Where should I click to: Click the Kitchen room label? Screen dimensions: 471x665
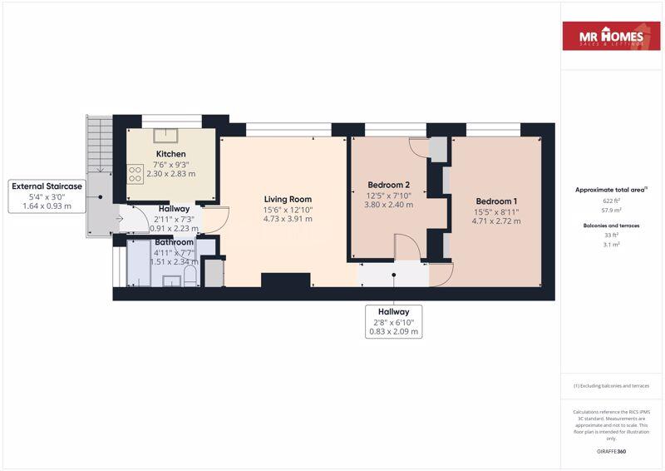(170, 154)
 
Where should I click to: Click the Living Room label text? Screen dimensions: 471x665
(288, 199)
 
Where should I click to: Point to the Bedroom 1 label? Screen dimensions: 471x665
(496, 201)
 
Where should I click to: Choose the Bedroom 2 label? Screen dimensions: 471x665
(388, 185)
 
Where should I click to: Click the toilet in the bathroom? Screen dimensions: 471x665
(190, 275)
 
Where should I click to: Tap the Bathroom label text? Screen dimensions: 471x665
(174, 242)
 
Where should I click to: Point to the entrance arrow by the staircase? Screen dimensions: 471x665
(120, 219)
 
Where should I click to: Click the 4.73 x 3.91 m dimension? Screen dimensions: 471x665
(288, 219)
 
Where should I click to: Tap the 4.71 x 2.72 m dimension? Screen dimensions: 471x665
(496, 221)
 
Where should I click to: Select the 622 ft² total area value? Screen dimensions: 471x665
(611, 201)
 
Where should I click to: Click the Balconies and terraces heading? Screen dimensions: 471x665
(611, 225)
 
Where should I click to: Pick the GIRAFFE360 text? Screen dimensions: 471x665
(611, 452)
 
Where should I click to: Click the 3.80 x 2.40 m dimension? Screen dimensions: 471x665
(388, 205)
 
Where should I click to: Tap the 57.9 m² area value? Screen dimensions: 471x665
(611, 211)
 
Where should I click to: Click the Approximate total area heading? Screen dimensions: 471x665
(611, 190)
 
